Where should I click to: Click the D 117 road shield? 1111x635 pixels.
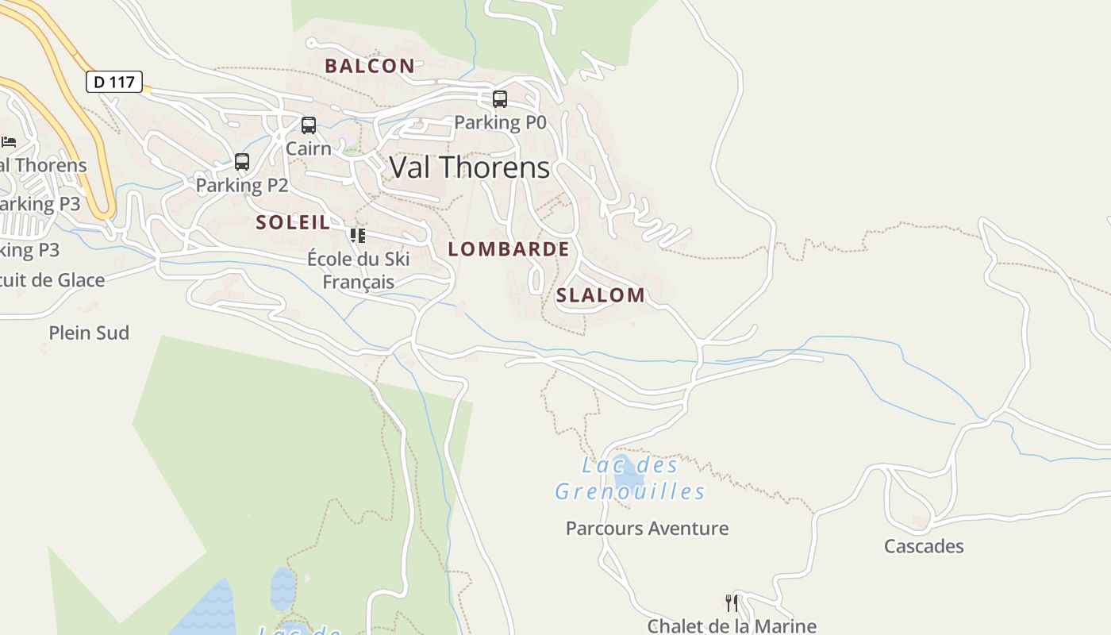point(113,82)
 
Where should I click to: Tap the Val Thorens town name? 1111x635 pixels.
point(469,167)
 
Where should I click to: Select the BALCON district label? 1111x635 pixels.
point(370,66)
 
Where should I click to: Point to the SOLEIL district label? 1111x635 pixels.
point(293,222)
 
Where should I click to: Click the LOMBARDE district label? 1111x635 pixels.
point(509,249)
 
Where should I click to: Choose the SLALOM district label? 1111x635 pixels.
point(601,295)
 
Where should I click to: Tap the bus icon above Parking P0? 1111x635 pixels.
point(500,99)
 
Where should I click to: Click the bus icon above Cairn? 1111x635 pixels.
point(309,125)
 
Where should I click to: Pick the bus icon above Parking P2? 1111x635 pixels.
point(242,162)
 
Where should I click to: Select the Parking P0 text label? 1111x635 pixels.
point(500,122)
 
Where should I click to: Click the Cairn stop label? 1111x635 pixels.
point(309,148)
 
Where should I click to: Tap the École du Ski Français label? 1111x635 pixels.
point(359,271)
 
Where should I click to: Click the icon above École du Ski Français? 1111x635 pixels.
point(358,235)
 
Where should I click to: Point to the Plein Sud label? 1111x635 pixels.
point(89,333)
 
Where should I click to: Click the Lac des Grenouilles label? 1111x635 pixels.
point(630,479)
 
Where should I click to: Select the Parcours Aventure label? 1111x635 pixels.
point(647,529)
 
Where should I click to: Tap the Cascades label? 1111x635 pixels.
point(924,546)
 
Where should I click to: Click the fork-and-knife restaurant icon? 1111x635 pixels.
point(732,603)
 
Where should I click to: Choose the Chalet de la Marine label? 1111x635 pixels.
point(732,625)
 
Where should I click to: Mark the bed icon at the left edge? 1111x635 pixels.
point(9,142)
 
